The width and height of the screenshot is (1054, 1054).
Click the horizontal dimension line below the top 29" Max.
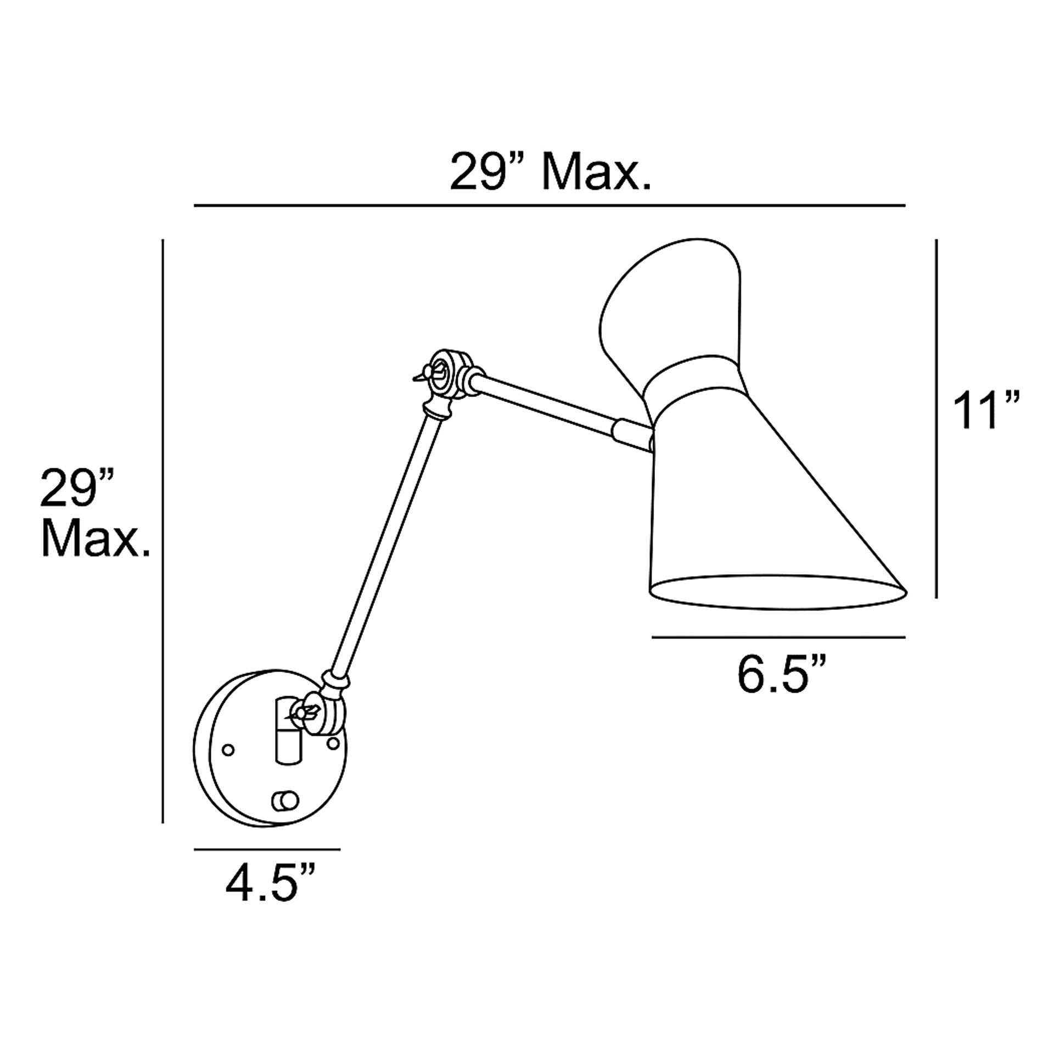pyautogui.click(x=550, y=205)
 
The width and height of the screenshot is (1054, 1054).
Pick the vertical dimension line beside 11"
pyautogui.click(x=936, y=418)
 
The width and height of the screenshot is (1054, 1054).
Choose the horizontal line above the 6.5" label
pyautogui.click(x=778, y=637)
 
